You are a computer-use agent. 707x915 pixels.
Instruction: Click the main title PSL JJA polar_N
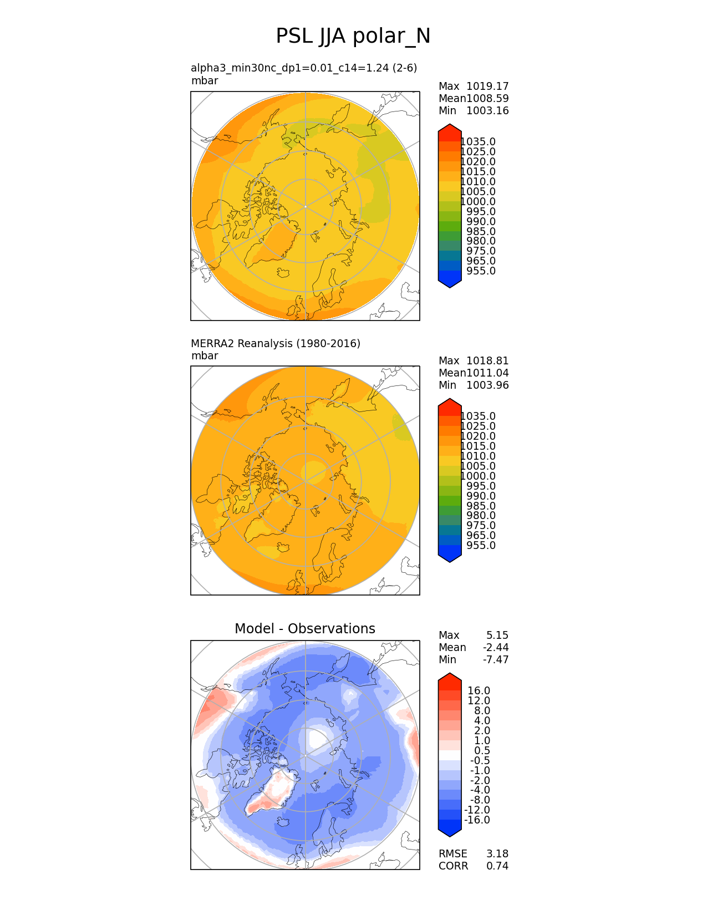353,37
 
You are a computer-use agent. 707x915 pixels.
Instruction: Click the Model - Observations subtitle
304,628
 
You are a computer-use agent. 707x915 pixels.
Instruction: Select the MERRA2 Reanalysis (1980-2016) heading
275,343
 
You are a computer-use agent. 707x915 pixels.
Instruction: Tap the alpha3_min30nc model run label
303,68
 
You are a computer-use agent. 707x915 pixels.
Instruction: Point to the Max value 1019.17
487,86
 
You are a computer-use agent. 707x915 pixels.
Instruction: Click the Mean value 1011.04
487,373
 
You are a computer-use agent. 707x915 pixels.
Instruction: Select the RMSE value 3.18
497,853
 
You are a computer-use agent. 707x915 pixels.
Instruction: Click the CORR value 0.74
497,866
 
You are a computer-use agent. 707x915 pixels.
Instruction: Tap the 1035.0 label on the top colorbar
478,142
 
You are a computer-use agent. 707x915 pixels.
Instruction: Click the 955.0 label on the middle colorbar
481,545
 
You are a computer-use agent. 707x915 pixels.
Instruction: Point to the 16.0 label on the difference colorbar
479,690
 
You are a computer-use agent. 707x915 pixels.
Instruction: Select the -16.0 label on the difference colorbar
477,820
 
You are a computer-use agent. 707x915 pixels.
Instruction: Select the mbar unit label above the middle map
205,355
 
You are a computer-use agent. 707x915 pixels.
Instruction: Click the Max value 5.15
497,635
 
